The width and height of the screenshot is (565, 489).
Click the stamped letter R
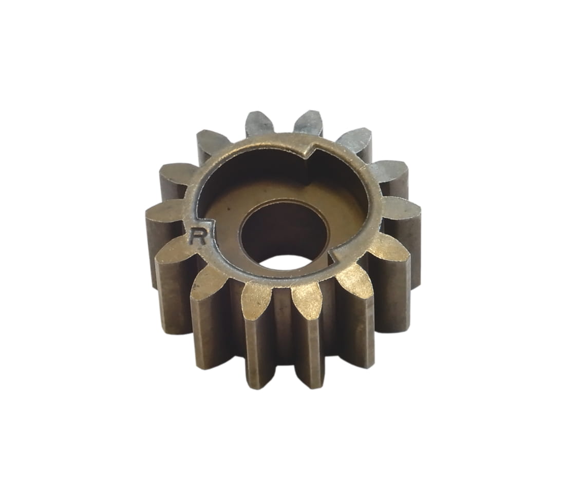coord(199,236)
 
